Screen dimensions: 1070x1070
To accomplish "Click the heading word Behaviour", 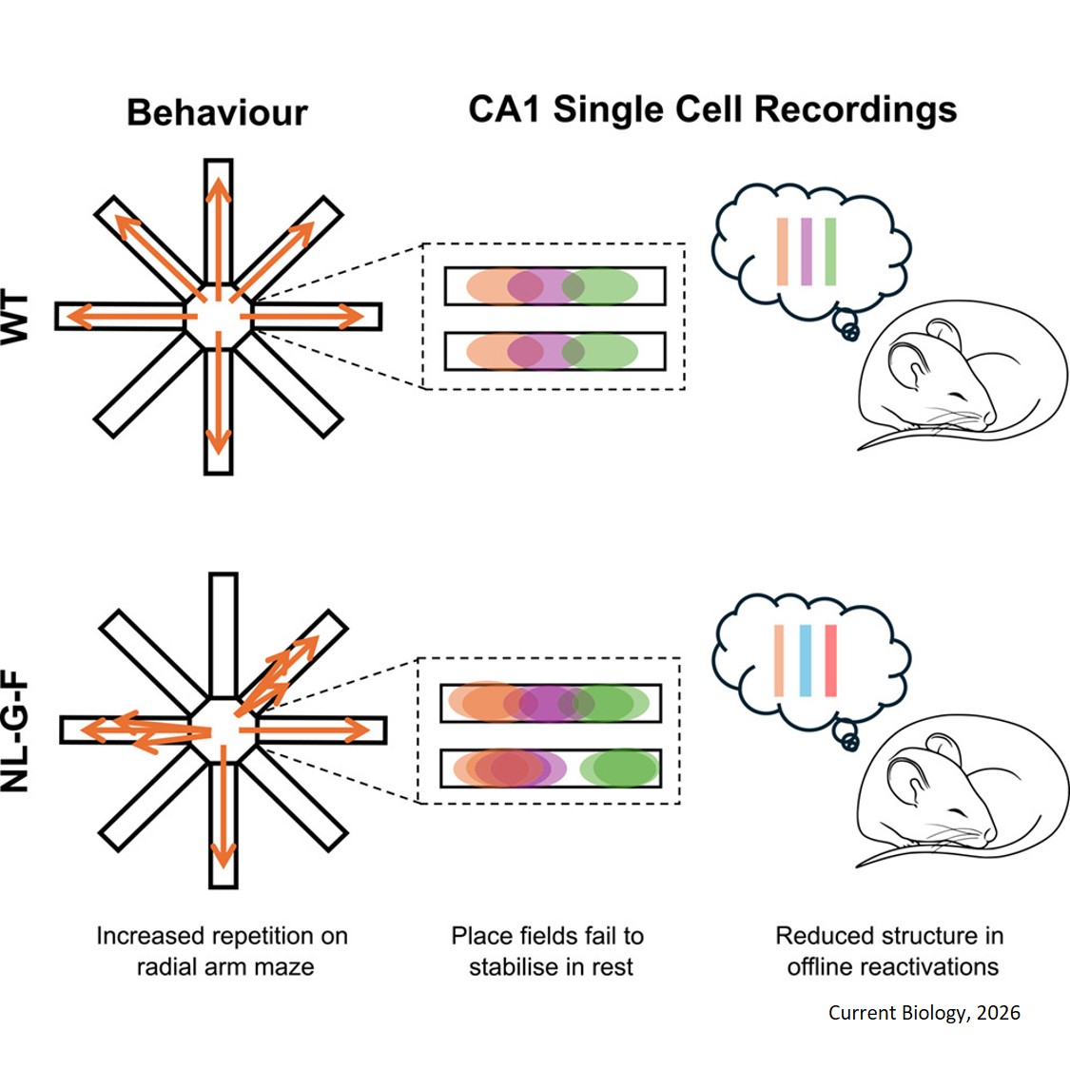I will click(217, 112).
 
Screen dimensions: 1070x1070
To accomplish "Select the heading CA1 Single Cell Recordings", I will click(712, 109).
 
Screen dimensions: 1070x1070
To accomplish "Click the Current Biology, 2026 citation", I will click(924, 1013).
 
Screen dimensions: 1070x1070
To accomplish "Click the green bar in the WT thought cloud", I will click(830, 252).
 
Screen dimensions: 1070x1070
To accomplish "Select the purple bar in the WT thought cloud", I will click(807, 252).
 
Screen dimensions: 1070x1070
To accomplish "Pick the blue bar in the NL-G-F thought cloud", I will click(806, 661).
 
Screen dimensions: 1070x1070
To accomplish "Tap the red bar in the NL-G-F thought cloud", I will click(830, 661).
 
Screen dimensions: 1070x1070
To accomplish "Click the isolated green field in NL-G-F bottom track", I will click(620, 768).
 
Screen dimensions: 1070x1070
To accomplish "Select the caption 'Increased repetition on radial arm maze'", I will click(223, 951).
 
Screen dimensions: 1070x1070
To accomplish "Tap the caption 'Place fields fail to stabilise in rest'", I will click(549, 951).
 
